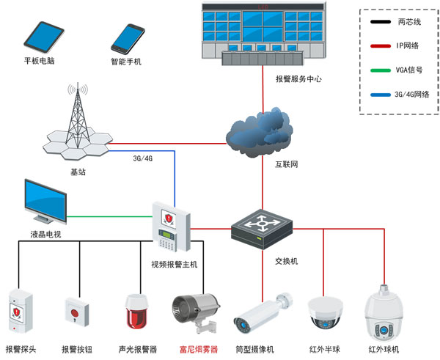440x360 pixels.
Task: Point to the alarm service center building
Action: point(261,34)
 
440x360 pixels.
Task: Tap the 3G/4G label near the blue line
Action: point(142,158)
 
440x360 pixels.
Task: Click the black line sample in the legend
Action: point(379,23)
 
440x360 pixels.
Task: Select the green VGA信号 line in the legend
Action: point(379,70)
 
